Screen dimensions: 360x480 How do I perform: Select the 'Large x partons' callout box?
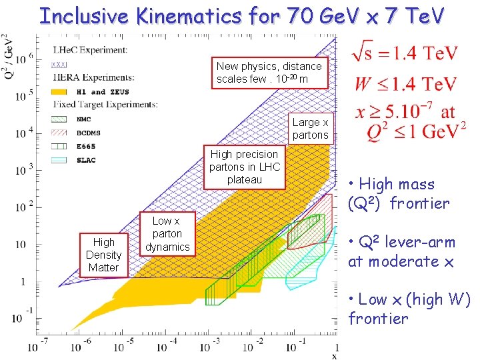pos(310,129)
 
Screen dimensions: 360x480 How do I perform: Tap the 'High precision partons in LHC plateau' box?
pos(244,167)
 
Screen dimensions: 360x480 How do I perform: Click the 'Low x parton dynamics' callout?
pos(167,234)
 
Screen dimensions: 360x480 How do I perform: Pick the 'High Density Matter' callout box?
pos(103,255)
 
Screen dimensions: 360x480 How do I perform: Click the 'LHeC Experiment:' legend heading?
pos(89,51)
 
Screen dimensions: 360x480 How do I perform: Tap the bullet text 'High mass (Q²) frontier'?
pos(399,194)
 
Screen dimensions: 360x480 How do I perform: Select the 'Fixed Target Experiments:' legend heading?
pos(106,105)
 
